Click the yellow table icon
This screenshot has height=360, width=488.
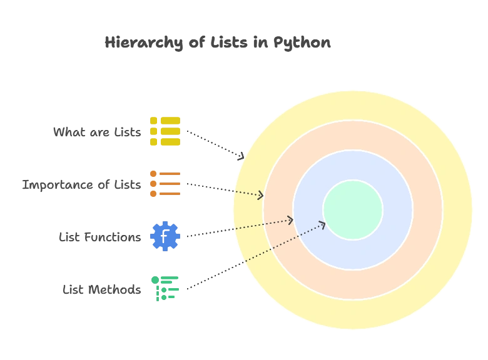[x=165, y=131]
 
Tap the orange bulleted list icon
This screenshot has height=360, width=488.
[x=165, y=184]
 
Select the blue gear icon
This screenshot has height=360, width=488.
[x=165, y=237]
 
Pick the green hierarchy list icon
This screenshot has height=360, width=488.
[x=165, y=289]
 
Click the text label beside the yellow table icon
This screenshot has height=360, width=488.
[x=98, y=132]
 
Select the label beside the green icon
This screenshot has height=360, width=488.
[x=103, y=289]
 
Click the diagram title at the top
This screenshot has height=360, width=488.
[x=218, y=44]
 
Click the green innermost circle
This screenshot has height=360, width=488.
[x=353, y=210]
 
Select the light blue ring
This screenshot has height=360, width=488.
[x=353, y=166]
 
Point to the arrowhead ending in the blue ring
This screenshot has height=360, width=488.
[x=290, y=219]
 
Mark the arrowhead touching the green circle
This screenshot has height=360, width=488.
[x=322, y=224]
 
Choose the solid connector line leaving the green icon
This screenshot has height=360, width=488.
[x=213, y=276]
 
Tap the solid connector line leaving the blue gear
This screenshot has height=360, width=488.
[x=206, y=234]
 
